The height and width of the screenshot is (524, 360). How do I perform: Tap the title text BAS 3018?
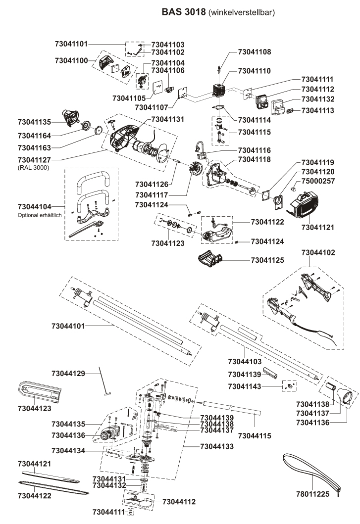[184, 11]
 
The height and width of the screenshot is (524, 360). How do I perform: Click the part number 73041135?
[34, 122]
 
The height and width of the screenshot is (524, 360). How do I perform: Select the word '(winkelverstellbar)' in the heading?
[243, 11]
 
